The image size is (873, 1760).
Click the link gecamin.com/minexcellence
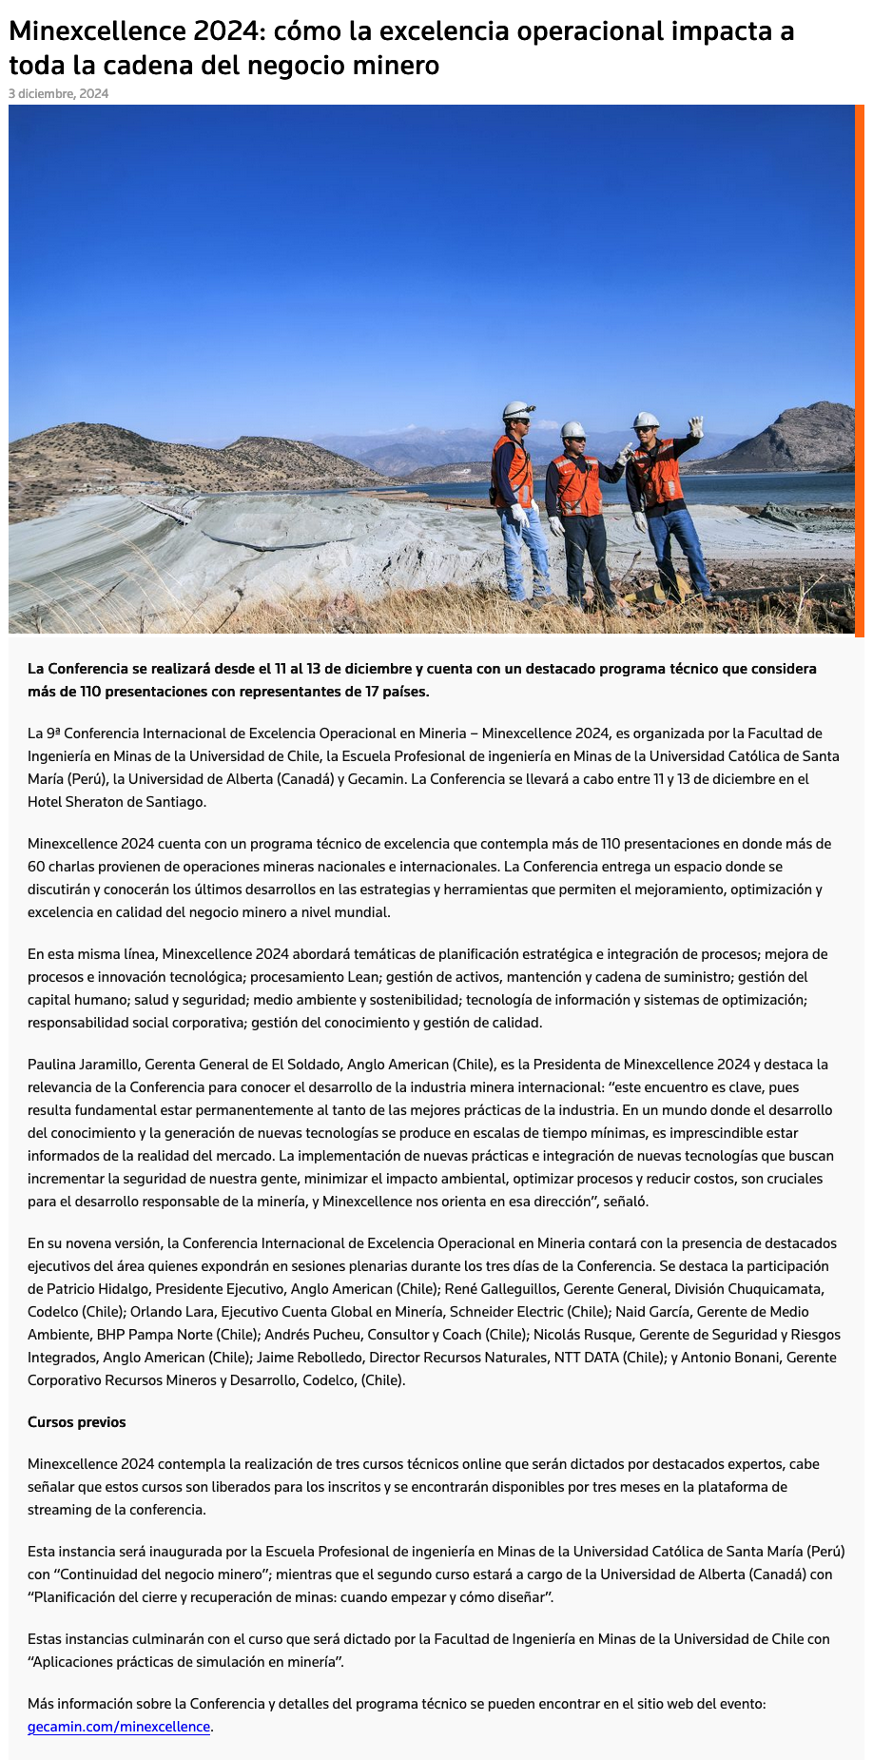119,1726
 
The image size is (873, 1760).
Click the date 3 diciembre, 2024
59,93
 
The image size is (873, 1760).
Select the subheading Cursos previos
77,1421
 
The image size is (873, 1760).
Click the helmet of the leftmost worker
516,409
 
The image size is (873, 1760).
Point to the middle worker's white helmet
573,429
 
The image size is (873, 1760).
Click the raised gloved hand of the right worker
697,426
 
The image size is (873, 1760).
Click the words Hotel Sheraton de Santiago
116,801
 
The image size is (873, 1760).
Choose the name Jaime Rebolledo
308,1357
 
